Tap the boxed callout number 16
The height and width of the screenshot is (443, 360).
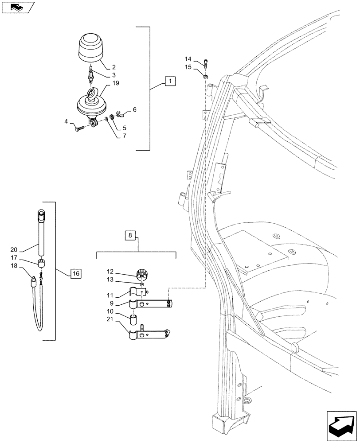75,274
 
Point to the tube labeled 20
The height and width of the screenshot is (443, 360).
42,235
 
